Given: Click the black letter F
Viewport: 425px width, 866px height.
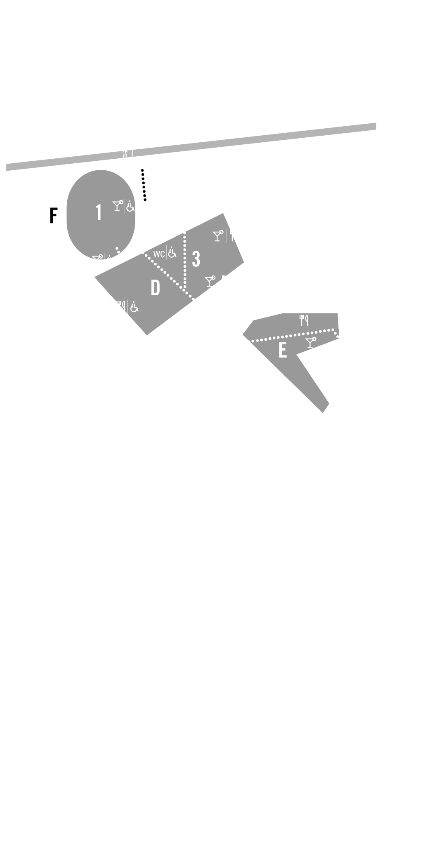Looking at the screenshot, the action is (53, 215).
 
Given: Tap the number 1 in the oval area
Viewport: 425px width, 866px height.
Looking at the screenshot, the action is (99, 212).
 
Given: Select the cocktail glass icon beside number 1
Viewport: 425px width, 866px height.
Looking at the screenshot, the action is (118, 206).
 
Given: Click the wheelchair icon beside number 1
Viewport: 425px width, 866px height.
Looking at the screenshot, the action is (130, 206).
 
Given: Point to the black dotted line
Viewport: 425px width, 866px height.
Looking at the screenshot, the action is (144, 185).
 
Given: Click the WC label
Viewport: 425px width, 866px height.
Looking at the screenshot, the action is (159, 254).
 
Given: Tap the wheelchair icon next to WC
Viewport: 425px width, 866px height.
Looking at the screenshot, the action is (172, 252).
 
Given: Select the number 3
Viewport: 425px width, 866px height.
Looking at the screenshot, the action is (196, 259).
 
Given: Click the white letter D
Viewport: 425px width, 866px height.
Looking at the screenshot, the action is (155, 288).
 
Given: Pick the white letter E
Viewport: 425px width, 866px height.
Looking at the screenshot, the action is (283, 350).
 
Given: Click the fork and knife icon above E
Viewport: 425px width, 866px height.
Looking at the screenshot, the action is (304, 320).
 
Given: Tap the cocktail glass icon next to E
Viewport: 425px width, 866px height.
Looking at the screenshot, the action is (311, 342).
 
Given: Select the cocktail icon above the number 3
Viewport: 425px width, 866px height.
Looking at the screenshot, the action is (218, 235).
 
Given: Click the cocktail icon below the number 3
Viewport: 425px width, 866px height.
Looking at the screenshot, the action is (210, 281).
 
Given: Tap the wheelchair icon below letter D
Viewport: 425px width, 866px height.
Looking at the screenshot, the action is (134, 307).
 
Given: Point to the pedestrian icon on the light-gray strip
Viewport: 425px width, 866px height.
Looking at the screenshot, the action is (124, 154).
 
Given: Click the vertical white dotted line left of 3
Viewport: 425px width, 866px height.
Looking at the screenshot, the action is (185, 260).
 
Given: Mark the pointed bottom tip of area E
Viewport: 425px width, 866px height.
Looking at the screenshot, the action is (323, 412).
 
